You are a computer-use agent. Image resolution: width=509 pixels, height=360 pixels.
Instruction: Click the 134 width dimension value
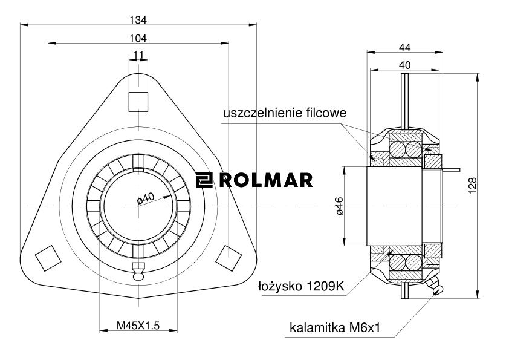[138, 19]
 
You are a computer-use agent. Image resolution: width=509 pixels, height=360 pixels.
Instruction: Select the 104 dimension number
[138, 38]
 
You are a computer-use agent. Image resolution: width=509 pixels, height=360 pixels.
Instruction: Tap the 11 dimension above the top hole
[138, 56]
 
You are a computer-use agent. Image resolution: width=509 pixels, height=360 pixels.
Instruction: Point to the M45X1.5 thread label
[138, 326]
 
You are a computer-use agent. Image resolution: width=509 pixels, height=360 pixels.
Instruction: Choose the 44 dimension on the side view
[404, 47]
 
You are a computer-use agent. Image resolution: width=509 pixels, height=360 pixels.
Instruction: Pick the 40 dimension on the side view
[404, 65]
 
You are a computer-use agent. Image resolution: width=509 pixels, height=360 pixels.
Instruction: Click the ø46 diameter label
[340, 206]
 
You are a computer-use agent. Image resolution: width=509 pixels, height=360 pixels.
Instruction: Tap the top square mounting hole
[138, 100]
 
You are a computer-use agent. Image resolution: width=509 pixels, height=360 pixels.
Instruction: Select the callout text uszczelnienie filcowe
[285, 113]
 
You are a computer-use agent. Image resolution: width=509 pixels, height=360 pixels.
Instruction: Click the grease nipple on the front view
[138, 272]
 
